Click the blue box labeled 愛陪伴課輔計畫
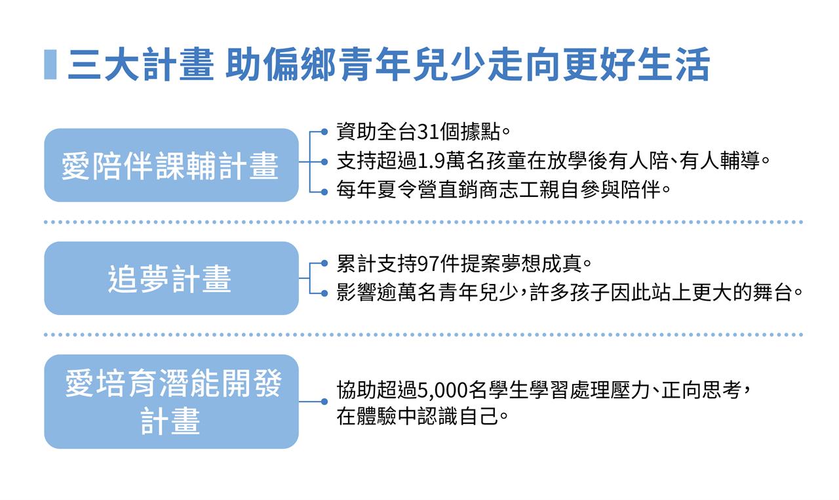[171, 165]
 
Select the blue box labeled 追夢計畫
[171, 278]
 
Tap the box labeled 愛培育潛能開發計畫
[171, 402]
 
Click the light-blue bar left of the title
[50, 64]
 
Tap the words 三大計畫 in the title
[140, 64]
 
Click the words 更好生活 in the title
[636, 64]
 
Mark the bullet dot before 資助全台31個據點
[324, 132]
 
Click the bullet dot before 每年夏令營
[324, 192]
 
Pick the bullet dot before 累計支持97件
[324, 264]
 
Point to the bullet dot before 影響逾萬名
[324, 293]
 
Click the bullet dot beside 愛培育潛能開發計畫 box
[324, 402]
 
